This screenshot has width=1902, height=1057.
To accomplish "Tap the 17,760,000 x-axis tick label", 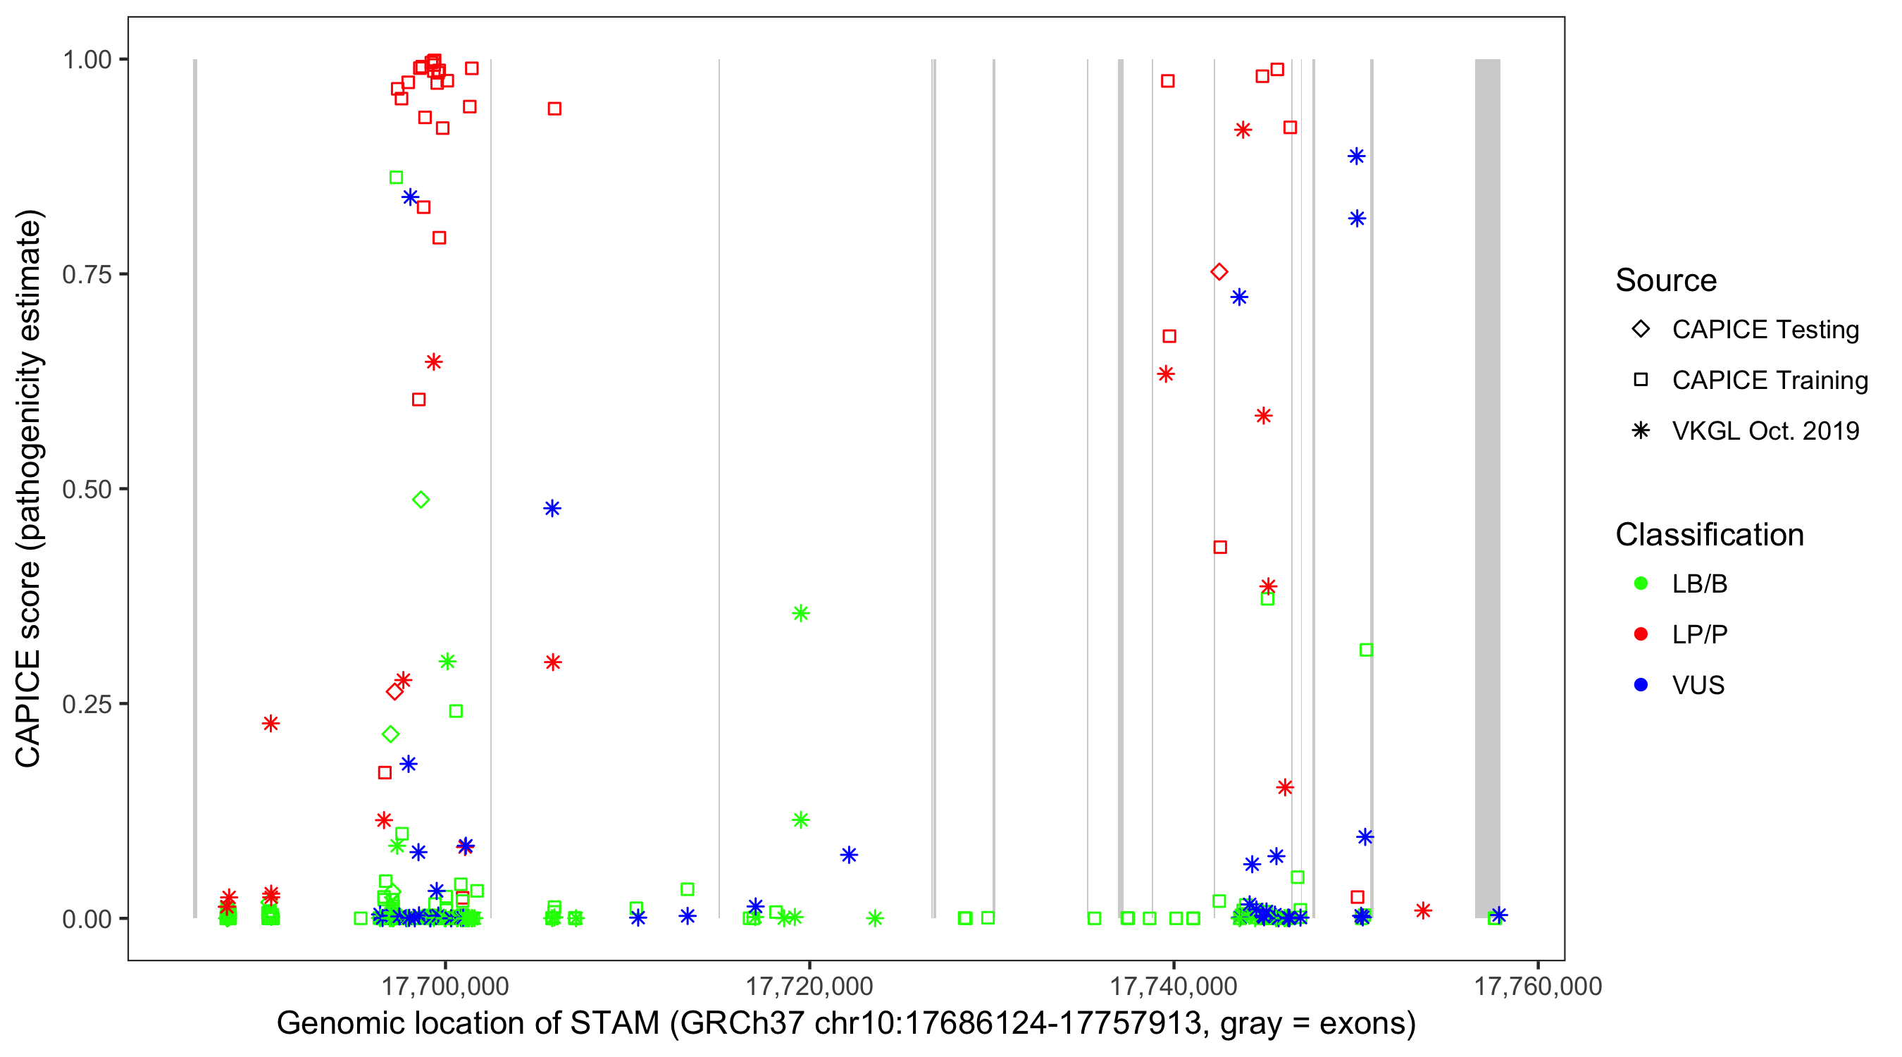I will click(x=1537, y=985).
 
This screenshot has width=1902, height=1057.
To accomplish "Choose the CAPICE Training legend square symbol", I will click(x=1641, y=380).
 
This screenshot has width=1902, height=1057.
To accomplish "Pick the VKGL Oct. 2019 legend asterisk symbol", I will click(x=1641, y=431).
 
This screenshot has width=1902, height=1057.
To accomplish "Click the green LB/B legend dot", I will click(x=1641, y=583).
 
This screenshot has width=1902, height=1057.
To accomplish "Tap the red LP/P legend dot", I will click(x=1641, y=634).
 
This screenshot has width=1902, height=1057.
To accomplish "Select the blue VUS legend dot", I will click(x=1641, y=685).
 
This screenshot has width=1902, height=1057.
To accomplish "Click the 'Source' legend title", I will click(x=1666, y=280).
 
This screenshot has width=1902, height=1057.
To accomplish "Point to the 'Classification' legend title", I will click(x=1708, y=535).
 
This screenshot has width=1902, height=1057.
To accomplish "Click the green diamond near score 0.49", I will click(x=421, y=500).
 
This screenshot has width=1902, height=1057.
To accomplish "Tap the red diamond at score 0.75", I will click(x=1219, y=272).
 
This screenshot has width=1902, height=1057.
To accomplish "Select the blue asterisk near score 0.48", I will click(x=552, y=508).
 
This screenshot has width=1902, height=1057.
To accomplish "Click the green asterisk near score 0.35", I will click(x=801, y=613).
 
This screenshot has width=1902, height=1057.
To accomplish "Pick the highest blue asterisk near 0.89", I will click(x=1356, y=156).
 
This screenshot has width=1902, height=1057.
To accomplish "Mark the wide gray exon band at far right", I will click(x=1487, y=488).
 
